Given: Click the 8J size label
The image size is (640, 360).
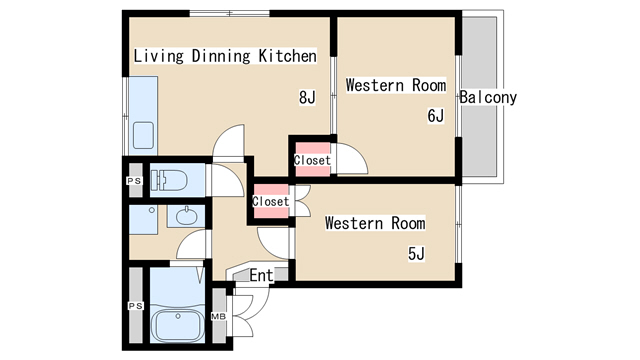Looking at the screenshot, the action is [x=307, y=98].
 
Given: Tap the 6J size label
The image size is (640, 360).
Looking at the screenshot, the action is [x=436, y=116].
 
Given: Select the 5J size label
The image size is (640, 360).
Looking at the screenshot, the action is [x=416, y=254].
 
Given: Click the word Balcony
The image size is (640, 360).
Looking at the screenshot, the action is [x=488, y=98].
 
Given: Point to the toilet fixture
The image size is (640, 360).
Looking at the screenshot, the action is [x=169, y=180].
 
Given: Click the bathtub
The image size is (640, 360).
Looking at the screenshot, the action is [x=178, y=325].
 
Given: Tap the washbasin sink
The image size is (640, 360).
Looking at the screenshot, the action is [x=187, y=216].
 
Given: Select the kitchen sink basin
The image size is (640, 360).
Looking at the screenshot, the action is [x=143, y=136].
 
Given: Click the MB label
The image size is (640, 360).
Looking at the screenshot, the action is [x=218, y=316].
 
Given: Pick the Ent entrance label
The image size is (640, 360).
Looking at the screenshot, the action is [x=261, y=276].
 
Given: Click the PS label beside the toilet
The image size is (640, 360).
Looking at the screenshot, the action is [x=134, y=181].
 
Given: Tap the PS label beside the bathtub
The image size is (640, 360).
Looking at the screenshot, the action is [x=136, y=306].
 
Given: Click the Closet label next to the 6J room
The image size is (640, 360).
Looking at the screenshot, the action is [x=312, y=160].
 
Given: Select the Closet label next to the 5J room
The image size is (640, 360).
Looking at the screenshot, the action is [x=271, y=201].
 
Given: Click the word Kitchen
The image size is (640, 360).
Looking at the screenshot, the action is [x=288, y=56].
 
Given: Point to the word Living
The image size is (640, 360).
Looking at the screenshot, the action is [x=159, y=56].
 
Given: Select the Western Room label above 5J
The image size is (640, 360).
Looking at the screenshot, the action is [x=375, y=223].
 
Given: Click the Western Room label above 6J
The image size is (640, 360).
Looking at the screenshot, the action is [x=396, y=85].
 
